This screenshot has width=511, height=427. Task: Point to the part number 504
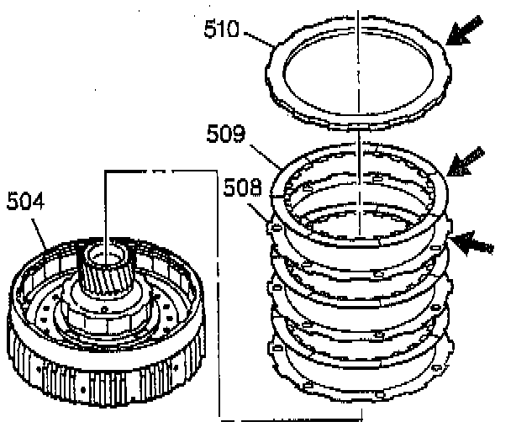tap(24, 201)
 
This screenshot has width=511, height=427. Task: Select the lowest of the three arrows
tap(471, 242)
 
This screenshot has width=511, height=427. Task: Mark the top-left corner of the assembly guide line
tap(105, 173)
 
